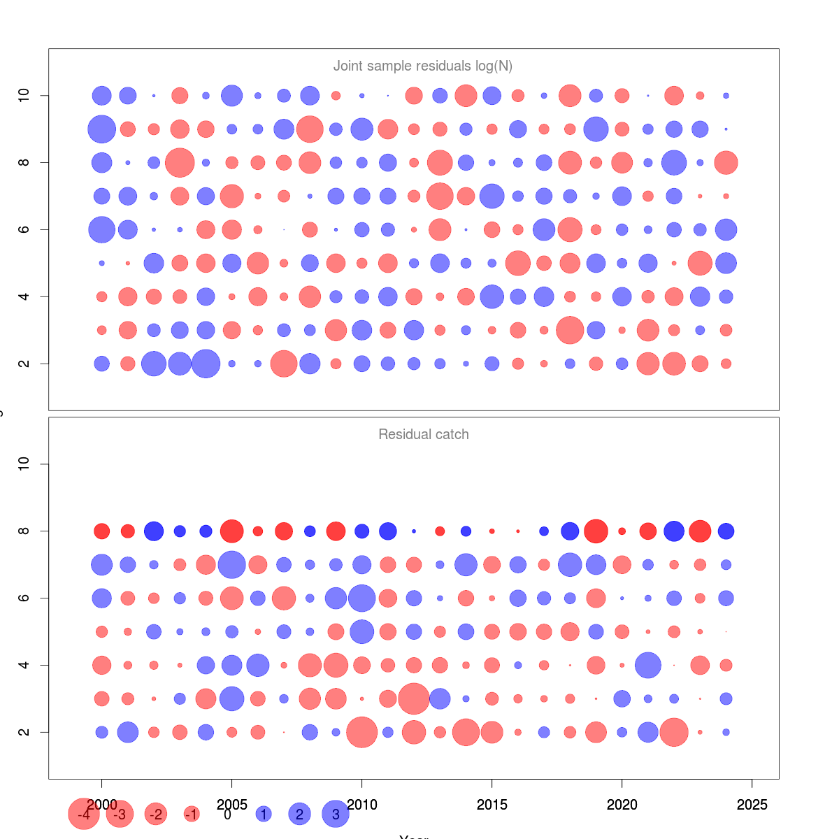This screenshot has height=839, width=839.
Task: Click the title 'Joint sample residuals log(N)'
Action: pyautogui.click(x=422, y=66)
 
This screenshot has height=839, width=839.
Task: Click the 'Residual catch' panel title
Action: pyautogui.click(x=423, y=435)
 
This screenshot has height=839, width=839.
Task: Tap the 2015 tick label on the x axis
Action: pyautogui.click(x=492, y=805)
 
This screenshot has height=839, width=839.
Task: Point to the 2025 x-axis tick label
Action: pyautogui.click(x=752, y=805)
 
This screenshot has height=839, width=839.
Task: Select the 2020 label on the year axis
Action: pyautogui.click(x=622, y=805)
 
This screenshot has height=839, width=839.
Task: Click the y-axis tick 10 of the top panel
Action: pyautogui.click(x=24, y=95)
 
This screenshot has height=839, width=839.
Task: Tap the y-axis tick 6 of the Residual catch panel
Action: pyautogui.click(x=24, y=598)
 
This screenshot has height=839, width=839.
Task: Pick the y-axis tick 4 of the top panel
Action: pyautogui.click(x=24, y=296)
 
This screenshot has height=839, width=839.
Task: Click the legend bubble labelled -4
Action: pyautogui.click(x=84, y=815)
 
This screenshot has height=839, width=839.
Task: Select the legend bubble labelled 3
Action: pyautogui.click(x=336, y=815)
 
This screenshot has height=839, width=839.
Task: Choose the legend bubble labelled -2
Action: pyautogui.click(x=156, y=815)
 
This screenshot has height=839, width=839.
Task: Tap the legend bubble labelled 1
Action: pyautogui.click(x=264, y=815)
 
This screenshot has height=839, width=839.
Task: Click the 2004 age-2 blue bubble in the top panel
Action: pyautogui.click(x=206, y=364)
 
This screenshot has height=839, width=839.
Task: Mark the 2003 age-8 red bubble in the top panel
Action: pyautogui.click(x=180, y=162)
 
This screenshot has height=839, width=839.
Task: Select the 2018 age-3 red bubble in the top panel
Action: pyautogui.click(x=570, y=330)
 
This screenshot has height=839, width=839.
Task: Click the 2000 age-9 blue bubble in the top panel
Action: pyautogui.click(x=101, y=129)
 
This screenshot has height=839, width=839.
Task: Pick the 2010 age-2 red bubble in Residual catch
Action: pyautogui.click(x=361, y=732)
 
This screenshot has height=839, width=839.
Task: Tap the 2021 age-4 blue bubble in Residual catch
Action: pyautogui.click(x=648, y=665)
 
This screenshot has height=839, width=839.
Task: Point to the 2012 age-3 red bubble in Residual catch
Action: pyautogui.click(x=414, y=698)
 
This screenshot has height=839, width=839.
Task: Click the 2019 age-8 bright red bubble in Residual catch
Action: pyautogui.click(x=596, y=531)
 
